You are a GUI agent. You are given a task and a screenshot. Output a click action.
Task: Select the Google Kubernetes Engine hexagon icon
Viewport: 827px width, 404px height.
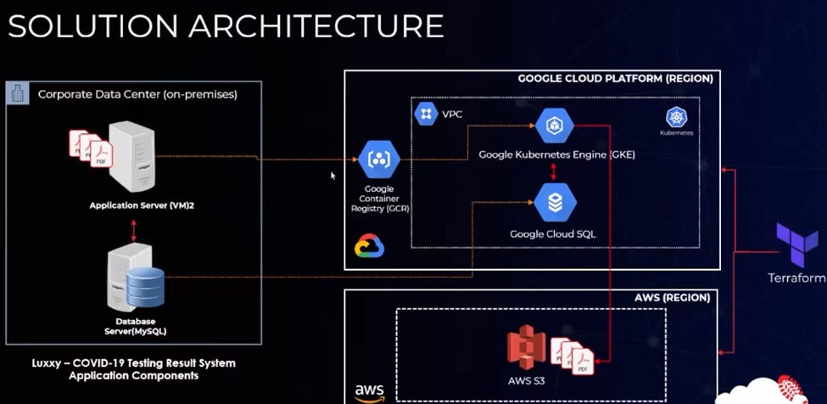pos(555,126)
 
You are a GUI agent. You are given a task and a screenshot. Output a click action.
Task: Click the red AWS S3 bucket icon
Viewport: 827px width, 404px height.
pos(526,348)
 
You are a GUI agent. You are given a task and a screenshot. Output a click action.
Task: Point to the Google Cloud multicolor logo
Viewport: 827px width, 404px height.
pos(369,247)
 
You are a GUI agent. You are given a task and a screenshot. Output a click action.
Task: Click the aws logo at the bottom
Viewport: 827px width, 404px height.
pos(370,392)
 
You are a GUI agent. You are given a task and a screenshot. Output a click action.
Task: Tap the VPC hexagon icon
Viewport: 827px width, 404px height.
pos(426,114)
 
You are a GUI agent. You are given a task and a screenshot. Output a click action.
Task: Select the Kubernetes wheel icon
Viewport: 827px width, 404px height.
pos(676,117)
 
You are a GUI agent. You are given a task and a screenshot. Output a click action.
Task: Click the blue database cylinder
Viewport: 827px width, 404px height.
pos(143,288)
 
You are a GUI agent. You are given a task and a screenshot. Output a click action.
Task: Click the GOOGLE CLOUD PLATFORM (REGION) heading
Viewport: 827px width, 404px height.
pos(615,79)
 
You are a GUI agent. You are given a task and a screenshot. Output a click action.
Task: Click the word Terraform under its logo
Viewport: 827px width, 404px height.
pos(796,278)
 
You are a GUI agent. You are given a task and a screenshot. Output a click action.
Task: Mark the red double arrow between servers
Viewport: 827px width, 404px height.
pos(134,229)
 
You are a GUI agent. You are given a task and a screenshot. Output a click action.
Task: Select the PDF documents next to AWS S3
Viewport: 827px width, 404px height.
pos(572,354)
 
